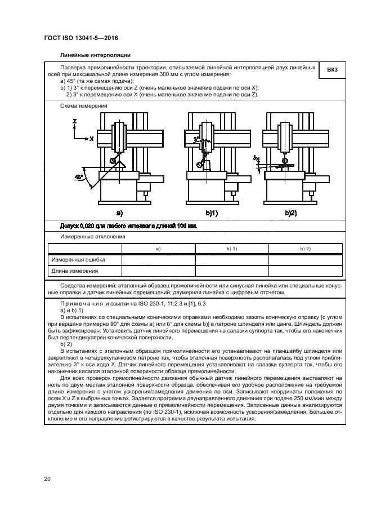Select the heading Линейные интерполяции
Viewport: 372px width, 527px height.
pos(96,55)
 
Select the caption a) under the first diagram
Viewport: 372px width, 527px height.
pos(119,212)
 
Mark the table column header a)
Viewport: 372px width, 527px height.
pos(158,249)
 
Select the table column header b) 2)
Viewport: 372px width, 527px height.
pos(305,249)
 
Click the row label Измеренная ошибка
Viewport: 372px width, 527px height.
pos(78,260)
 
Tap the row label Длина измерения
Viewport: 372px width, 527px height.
pos(75,271)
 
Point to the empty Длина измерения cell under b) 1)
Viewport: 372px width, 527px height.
pos(231,271)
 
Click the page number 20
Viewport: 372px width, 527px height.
pos(47,479)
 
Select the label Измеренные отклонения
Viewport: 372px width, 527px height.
pos(89,237)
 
